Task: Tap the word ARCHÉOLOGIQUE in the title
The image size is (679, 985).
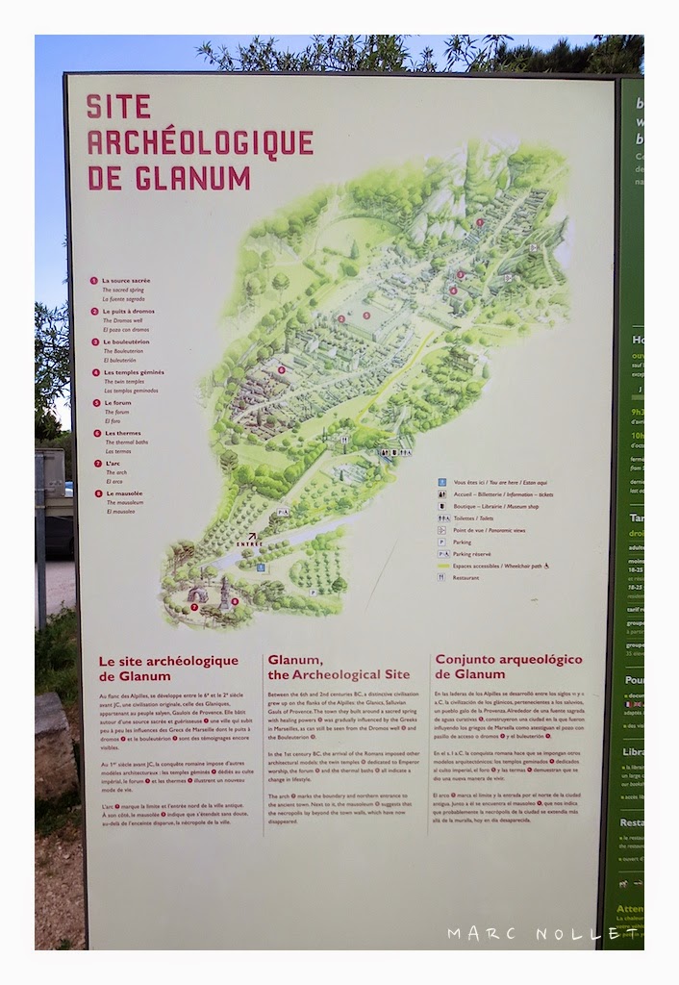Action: point(200,142)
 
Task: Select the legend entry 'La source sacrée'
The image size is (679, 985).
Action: point(126,281)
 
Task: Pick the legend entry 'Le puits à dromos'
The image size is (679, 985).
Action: point(128,312)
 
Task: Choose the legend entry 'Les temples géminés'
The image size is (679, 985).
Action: point(133,372)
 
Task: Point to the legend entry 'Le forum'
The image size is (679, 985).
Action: point(119,402)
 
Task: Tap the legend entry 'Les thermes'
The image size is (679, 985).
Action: point(122,433)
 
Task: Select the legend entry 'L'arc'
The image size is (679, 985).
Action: point(113,464)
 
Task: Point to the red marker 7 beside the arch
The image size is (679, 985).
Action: point(194,607)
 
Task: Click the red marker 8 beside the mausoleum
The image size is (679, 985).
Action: point(235,602)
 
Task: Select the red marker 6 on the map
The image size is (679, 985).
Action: point(281,369)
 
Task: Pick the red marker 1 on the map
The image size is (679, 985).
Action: point(480,222)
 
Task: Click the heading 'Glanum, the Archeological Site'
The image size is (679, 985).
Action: point(338,667)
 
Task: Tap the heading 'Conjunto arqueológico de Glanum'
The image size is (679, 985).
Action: point(509,666)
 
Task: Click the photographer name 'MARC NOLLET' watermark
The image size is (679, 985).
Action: point(541,934)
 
